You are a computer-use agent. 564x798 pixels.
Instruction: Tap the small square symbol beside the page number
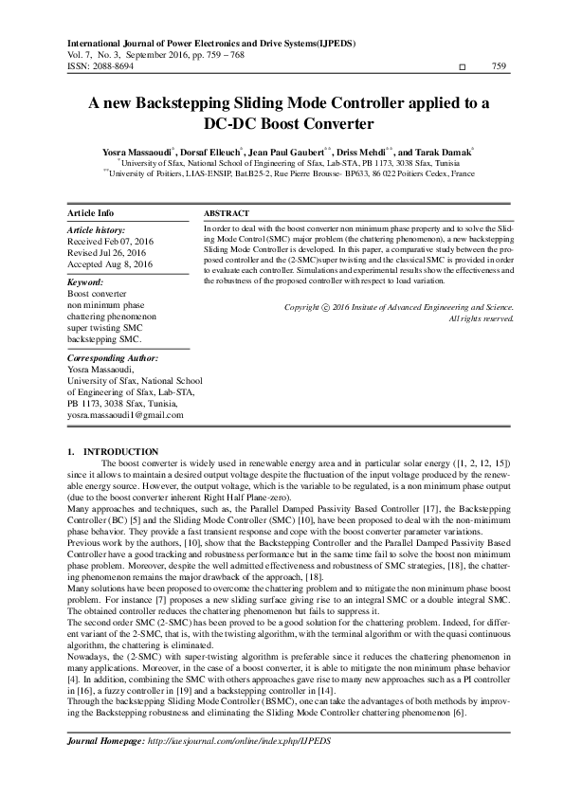pos(462,68)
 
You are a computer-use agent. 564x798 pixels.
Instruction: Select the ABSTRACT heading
pos(227,213)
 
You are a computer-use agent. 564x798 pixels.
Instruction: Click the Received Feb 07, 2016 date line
pos(109,242)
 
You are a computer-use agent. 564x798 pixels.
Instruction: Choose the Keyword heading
pos(86,282)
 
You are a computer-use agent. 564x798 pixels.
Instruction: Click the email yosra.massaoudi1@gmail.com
pos(124,415)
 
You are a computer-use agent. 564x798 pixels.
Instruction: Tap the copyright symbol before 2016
pos(327,308)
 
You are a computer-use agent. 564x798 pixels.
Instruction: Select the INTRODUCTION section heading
pos(121,450)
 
